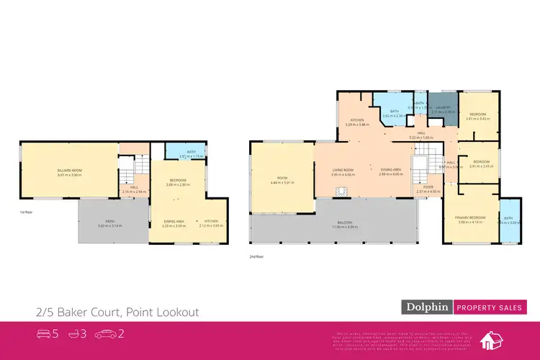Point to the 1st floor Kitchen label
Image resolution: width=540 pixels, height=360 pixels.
(x=211, y=221)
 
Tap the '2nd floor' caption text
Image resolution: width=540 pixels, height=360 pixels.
(x=254, y=256)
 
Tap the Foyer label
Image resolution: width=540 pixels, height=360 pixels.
(x=428, y=187)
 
